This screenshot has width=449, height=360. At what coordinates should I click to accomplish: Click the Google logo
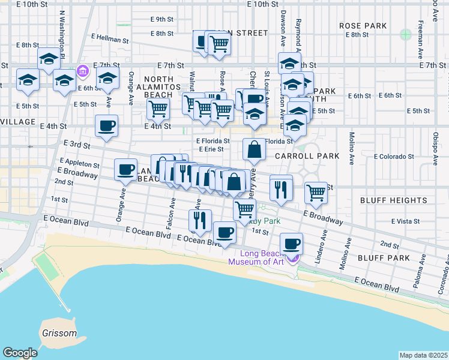(20, 353)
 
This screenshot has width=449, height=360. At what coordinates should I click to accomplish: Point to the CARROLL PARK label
(307, 156)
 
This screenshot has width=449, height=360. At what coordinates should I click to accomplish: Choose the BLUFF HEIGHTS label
(394, 200)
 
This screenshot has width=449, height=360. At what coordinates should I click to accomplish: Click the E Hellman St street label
(110, 41)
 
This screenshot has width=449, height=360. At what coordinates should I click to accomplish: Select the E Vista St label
(405, 221)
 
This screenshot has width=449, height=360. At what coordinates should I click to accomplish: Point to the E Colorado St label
(394, 157)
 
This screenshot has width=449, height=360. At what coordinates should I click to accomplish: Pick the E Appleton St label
(79, 163)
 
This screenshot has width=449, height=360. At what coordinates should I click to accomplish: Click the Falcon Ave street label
(172, 211)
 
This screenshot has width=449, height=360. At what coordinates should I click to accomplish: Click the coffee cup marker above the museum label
(291, 244)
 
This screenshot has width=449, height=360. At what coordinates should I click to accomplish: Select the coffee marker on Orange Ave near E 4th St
(106, 126)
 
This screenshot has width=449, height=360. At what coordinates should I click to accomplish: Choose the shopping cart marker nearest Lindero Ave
(316, 193)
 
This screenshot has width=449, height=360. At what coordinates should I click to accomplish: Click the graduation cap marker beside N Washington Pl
(49, 59)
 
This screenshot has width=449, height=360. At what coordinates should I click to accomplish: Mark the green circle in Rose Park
(406, 34)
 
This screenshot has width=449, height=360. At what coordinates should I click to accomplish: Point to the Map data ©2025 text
(423, 355)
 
